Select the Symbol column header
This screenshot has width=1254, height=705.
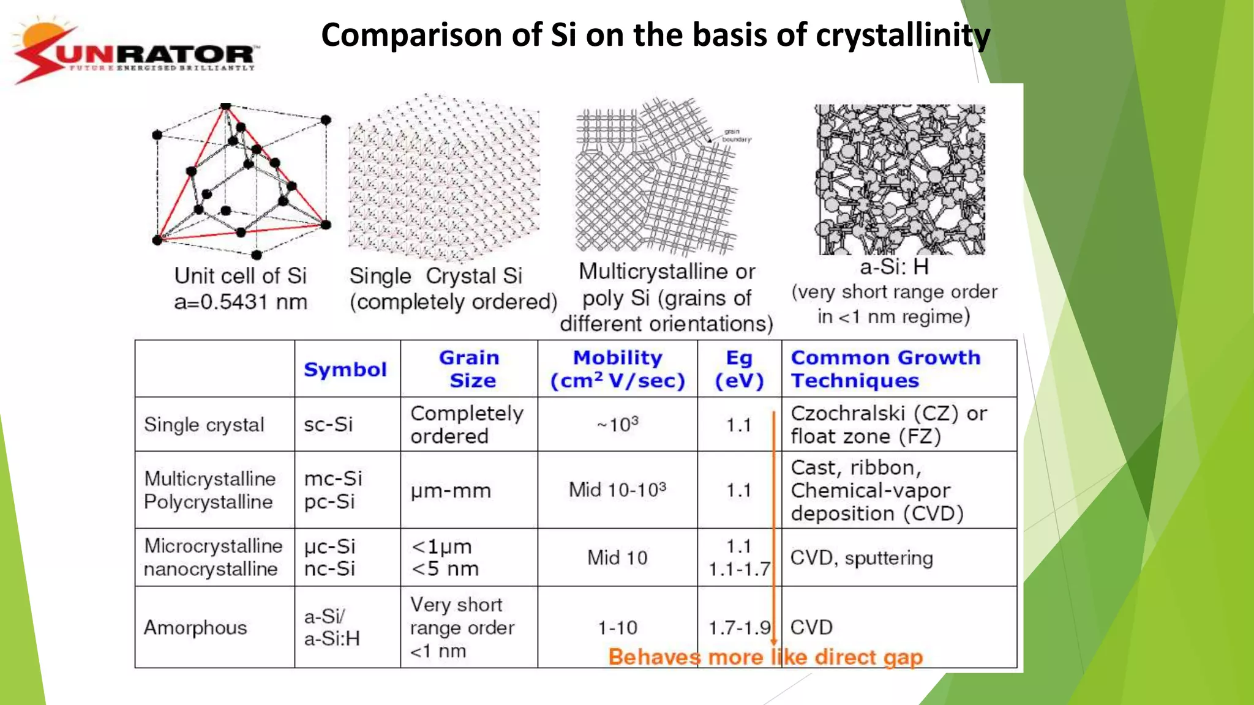[x=345, y=370]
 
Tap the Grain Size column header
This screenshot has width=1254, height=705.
[x=470, y=369]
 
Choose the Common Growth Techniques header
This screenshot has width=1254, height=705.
[x=885, y=369]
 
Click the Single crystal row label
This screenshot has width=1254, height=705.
[x=204, y=425]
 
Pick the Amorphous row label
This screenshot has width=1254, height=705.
[x=195, y=628]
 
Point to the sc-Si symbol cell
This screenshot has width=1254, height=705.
[x=328, y=425]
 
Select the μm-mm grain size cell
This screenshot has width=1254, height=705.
[x=451, y=491]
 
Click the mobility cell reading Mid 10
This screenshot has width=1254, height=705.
[x=617, y=558]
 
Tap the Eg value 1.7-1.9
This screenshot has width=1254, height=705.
[x=739, y=628]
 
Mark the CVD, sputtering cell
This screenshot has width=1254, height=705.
[x=862, y=558]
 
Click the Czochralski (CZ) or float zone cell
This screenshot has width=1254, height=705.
[x=888, y=425]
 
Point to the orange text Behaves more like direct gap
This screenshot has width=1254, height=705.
[x=765, y=657]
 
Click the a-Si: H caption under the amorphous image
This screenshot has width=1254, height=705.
[x=894, y=267]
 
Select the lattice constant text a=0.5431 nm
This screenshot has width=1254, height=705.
[x=241, y=302]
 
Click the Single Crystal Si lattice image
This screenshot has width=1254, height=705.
[x=444, y=177]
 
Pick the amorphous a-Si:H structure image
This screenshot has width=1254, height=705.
[x=899, y=179]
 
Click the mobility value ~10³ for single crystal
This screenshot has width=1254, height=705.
[x=617, y=425]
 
